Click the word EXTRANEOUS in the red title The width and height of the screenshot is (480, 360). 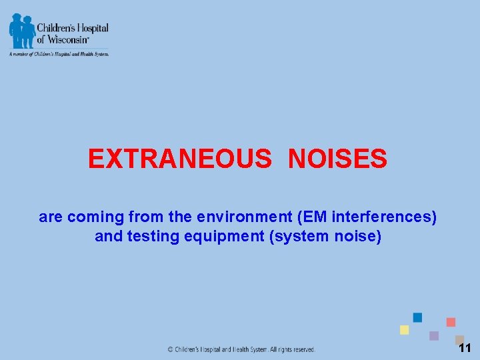(x=179, y=159)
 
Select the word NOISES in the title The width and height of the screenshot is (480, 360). (x=337, y=159)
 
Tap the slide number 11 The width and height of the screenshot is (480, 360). (x=465, y=348)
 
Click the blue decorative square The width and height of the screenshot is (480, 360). (x=417, y=317)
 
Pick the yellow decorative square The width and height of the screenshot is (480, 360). (x=404, y=330)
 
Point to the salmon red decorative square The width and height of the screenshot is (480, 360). (x=451, y=322)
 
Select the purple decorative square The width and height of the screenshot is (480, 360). (x=434, y=336)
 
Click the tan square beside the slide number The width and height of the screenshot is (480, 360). (x=459, y=339)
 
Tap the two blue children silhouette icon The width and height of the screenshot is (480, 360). (x=21, y=31)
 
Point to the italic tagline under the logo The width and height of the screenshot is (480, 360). (x=59, y=54)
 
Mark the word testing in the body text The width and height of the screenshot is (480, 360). (x=149, y=237)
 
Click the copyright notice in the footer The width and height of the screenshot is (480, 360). (x=241, y=349)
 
